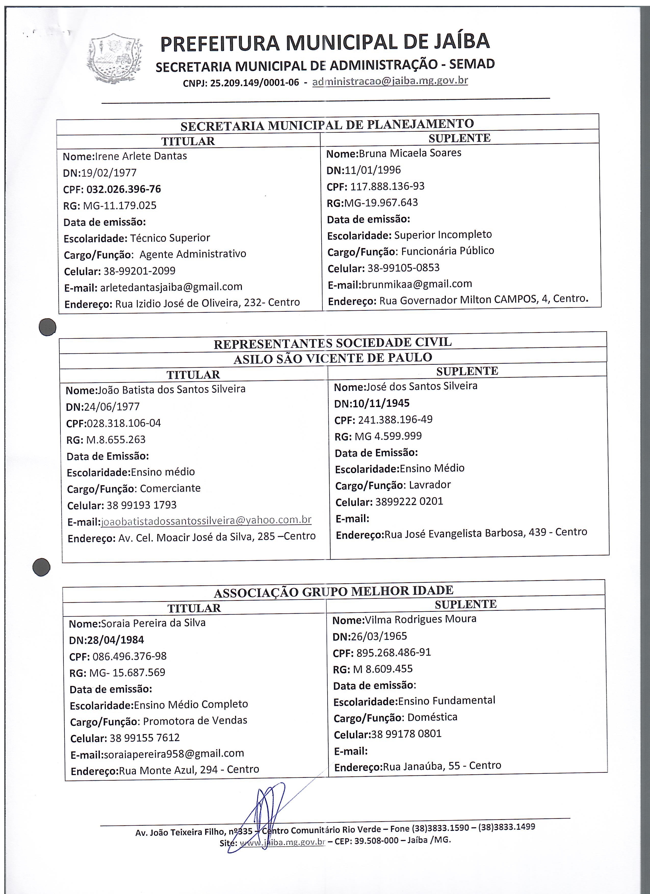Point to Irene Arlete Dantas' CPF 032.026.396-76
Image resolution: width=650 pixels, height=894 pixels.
click(123, 189)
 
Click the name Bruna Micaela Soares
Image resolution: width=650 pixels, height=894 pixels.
click(410, 153)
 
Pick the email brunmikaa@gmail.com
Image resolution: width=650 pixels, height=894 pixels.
click(417, 284)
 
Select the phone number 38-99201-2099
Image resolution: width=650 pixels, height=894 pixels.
click(139, 271)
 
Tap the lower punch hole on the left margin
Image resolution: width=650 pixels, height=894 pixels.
click(41, 568)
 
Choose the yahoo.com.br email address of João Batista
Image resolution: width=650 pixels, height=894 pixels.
click(206, 520)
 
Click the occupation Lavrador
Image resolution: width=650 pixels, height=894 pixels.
click(430, 485)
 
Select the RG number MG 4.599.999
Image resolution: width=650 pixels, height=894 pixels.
click(388, 436)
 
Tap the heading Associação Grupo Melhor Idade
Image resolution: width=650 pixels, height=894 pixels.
click(333, 591)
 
